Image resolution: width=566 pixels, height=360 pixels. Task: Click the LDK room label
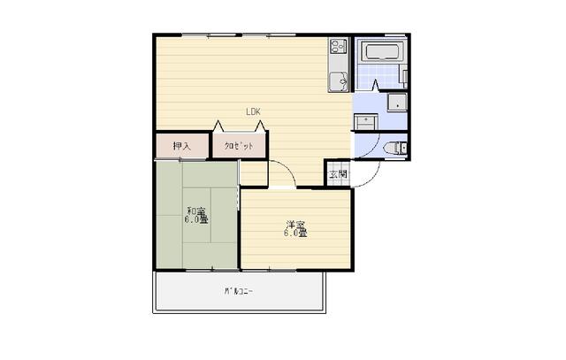[253, 111]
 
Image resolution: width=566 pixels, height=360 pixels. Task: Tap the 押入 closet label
[181, 146]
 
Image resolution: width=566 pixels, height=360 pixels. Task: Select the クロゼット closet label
[238, 146]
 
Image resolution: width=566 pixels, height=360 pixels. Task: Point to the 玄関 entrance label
[338, 174]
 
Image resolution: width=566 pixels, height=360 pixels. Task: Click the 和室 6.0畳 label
[195, 216]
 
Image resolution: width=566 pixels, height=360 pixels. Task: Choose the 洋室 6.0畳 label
[295, 228]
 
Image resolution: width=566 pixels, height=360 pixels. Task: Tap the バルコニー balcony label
[238, 291]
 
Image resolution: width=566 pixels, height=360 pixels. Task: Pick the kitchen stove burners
[339, 46]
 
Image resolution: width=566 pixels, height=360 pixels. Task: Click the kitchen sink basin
[339, 81]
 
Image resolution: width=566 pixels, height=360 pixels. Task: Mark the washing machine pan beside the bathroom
[397, 100]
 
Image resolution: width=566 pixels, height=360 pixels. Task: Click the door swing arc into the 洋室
[282, 172]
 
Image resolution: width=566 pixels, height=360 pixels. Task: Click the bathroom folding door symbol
[376, 86]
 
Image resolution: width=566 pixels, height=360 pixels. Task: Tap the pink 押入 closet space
[182, 145]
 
